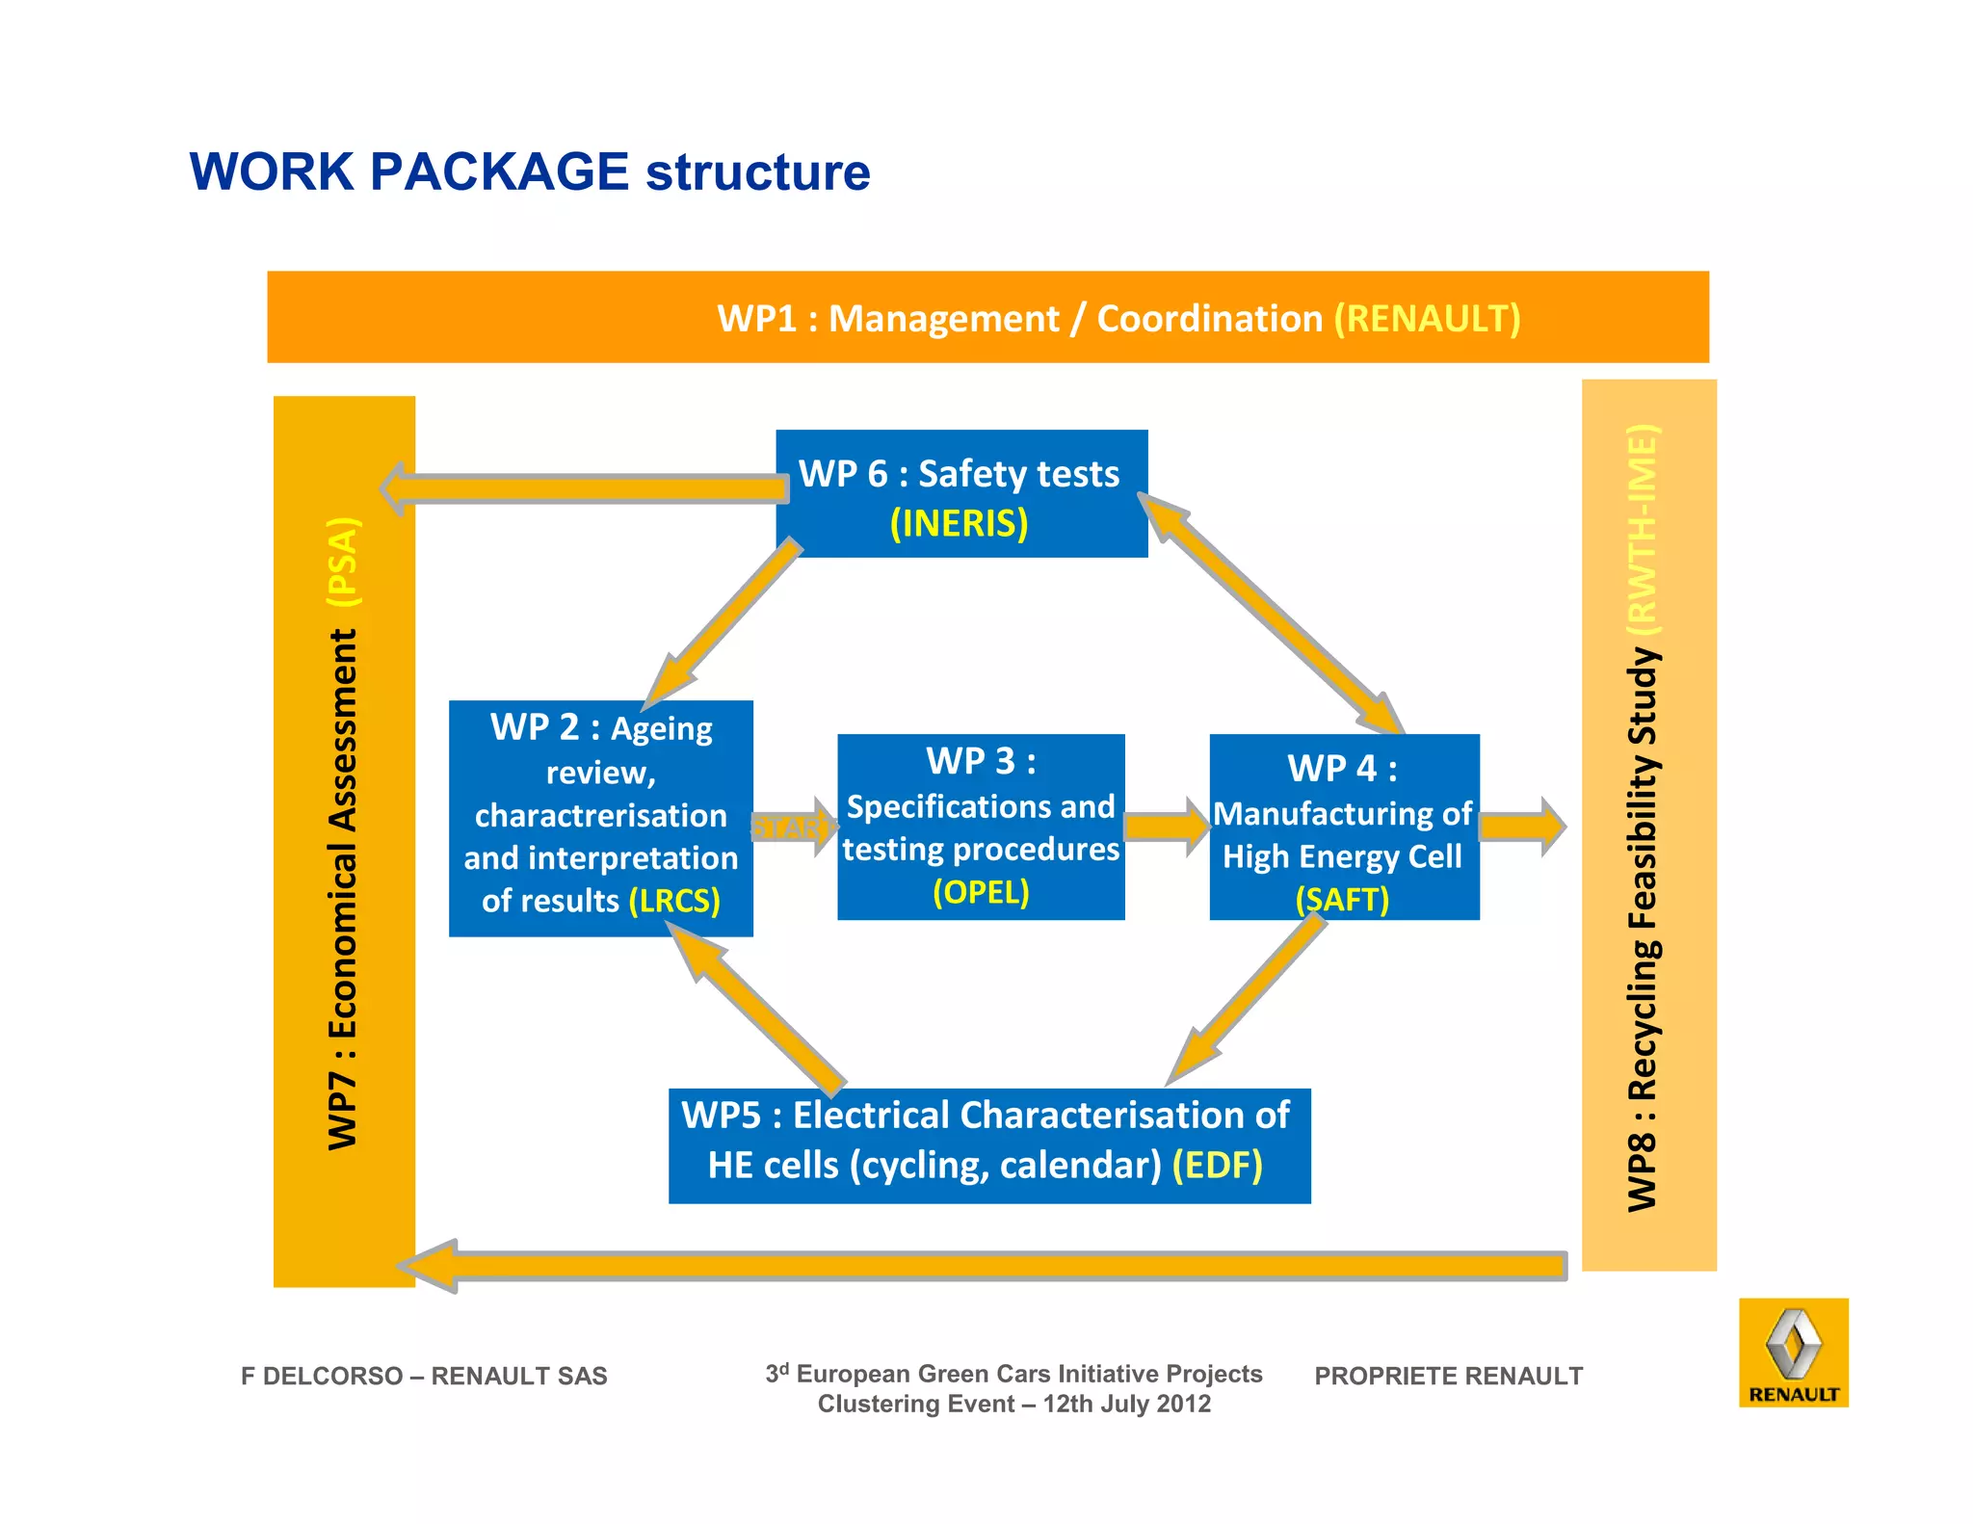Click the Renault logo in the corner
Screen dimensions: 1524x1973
pyautogui.click(x=1793, y=1352)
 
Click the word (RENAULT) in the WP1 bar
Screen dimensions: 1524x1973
pyautogui.click(x=1427, y=318)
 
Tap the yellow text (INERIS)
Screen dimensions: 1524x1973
pyautogui.click(x=960, y=523)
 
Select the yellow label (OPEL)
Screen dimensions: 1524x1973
pyautogui.click(x=981, y=892)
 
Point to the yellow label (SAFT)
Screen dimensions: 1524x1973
pyautogui.click(x=1342, y=900)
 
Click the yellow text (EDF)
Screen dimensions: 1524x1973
pyautogui.click(x=1217, y=1165)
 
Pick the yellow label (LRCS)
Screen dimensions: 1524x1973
pyautogui.click(x=674, y=901)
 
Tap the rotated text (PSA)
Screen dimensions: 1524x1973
pyautogui.click(x=343, y=562)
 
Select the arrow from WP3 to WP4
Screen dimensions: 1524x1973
pyautogui.click(x=1166, y=827)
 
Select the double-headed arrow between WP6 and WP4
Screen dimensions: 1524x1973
pyautogui.click(x=1272, y=615)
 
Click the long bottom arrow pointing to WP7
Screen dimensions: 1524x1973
pyautogui.click(x=983, y=1265)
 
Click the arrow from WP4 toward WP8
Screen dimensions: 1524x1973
pyautogui.click(x=1521, y=827)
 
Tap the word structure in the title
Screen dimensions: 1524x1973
pyautogui.click(x=757, y=172)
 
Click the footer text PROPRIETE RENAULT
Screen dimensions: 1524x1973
pyautogui.click(x=1448, y=1376)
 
